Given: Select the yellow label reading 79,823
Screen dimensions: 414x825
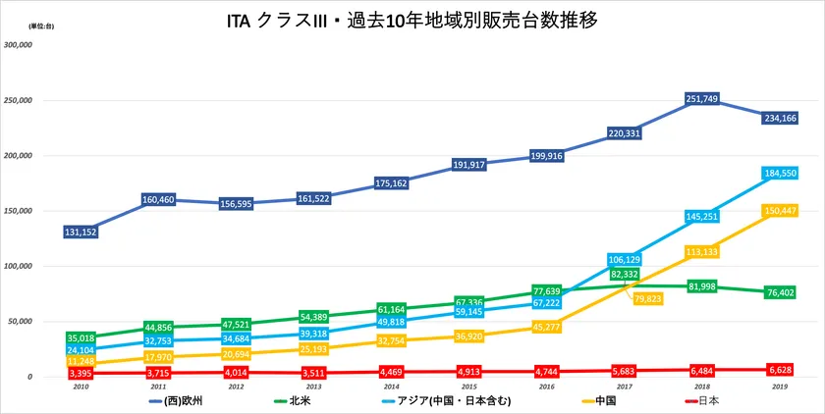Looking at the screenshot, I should pos(646,299).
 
